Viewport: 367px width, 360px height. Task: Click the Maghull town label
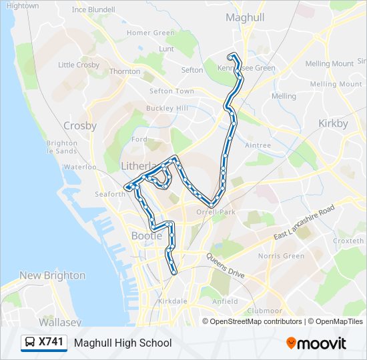click(x=245, y=17)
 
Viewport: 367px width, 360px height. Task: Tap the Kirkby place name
click(x=333, y=123)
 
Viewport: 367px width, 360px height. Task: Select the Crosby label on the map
click(x=80, y=125)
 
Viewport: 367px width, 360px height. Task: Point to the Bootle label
click(x=147, y=235)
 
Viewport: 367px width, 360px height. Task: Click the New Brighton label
click(x=52, y=275)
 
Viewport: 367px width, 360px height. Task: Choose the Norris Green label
click(x=281, y=256)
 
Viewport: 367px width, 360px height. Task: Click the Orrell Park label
click(x=217, y=212)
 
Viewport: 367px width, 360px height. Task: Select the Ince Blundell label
click(x=93, y=10)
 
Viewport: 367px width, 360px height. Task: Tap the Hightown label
click(x=22, y=5)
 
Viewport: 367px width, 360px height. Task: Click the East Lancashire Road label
click(x=304, y=224)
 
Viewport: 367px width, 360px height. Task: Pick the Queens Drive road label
click(x=225, y=265)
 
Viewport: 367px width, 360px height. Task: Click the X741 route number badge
click(x=51, y=342)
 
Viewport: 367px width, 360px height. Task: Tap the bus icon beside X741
click(x=30, y=343)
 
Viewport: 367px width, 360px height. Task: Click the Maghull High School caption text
click(x=123, y=343)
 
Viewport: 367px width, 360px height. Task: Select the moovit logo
click(x=316, y=343)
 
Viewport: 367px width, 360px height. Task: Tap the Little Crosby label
click(x=79, y=65)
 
